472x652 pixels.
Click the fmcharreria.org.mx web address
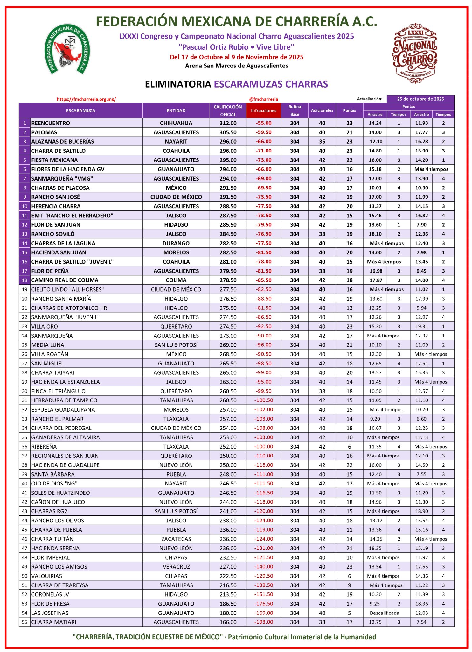[x=86, y=99]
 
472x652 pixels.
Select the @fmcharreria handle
[x=263, y=99]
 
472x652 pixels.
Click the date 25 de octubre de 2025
[x=420, y=99]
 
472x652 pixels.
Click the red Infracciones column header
[x=263, y=110]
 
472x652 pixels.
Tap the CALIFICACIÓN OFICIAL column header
[x=228, y=110]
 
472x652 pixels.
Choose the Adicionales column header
[x=322, y=110]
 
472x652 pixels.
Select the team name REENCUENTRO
[x=51, y=123]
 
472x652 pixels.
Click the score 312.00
[x=228, y=123]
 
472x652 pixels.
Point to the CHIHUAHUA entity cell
[x=176, y=123]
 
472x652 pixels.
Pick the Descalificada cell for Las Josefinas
[x=384, y=613]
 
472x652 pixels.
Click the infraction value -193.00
[x=264, y=622]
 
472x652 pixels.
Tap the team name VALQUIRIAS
[x=46, y=576]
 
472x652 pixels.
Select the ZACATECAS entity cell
[x=176, y=539]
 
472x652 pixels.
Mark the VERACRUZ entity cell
[x=176, y=567]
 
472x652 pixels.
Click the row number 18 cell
[x=24, y=280]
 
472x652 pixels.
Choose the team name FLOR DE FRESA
[x=50, y=604]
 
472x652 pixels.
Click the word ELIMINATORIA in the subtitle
[x=178, y=84]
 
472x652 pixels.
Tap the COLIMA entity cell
[x=176, y=280]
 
